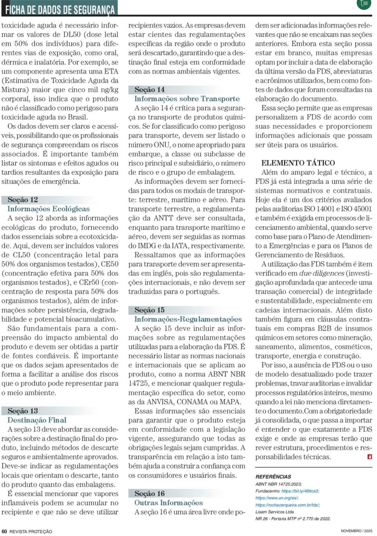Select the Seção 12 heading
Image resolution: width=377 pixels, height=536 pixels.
23,200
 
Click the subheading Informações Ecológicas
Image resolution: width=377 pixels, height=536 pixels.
48,209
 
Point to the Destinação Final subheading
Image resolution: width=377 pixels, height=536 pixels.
37,420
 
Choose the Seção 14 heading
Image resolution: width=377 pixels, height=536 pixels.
150,90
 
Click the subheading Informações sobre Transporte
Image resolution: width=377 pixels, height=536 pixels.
187,99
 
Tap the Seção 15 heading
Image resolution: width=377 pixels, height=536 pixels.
150,310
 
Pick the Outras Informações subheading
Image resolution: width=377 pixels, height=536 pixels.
168,503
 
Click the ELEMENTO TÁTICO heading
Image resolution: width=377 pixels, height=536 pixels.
298,163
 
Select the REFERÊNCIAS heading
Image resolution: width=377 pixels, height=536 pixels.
273,477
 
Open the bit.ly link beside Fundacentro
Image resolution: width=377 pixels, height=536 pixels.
300,491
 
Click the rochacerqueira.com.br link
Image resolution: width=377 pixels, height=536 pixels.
287,505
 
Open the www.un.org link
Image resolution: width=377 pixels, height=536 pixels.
277,498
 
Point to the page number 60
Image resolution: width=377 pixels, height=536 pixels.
4,531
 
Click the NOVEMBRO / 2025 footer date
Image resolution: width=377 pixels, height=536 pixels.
356,531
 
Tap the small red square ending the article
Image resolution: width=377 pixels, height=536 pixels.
370,457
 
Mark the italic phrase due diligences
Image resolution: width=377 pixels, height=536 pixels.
322,273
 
